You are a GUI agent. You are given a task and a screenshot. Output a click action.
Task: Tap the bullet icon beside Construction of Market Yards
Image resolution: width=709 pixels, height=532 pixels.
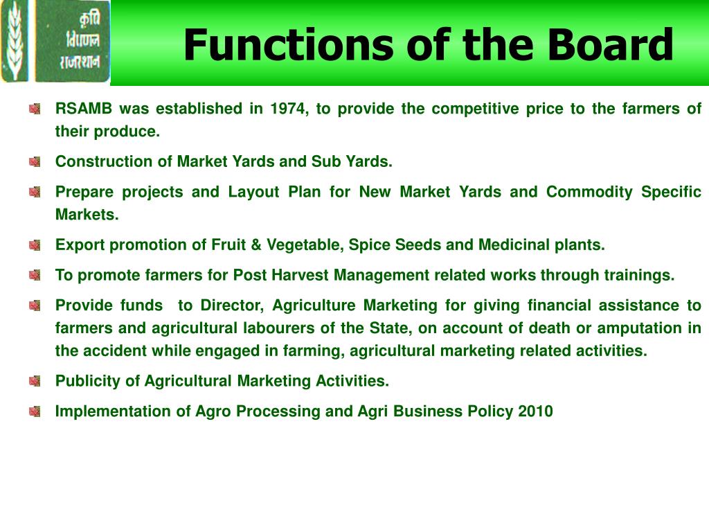pos(35,162)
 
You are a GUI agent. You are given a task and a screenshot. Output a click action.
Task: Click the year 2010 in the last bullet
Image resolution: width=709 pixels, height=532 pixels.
pos(535,411)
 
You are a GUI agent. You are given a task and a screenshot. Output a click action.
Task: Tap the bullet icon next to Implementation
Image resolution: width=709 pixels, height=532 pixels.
pos(35,411)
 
